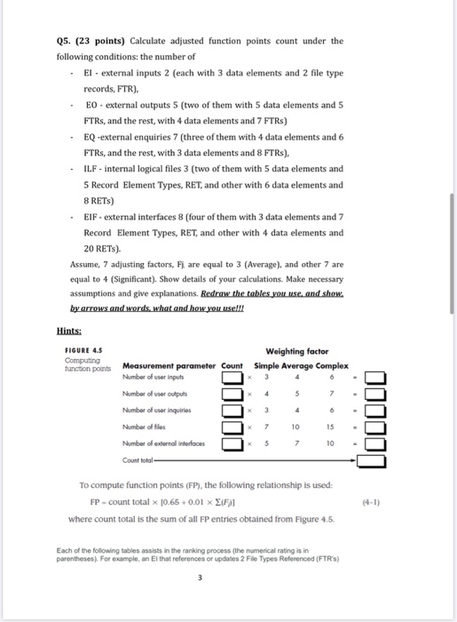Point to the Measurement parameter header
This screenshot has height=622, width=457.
click(x=169, y=366)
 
